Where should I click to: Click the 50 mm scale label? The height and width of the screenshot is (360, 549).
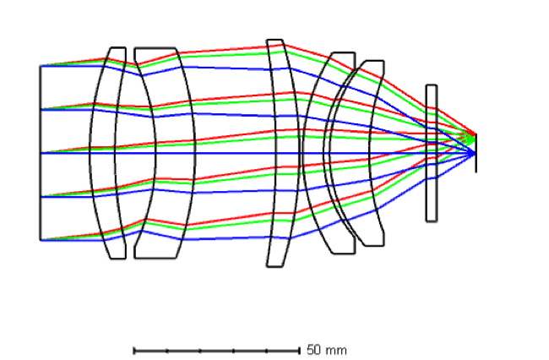click(327, 350)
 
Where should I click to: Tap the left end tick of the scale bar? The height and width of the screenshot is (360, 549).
click(134, 351)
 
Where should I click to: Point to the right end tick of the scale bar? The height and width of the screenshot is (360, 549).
click(299, 351)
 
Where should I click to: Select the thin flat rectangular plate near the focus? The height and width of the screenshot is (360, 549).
click(432, 153)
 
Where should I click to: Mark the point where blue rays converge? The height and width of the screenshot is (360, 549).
click(476, 153)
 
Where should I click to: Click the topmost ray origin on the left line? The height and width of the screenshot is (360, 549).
click(41, 65)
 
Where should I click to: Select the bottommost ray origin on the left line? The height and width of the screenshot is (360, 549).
click(41, 240)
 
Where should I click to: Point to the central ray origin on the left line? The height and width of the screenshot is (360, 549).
click(41, 153)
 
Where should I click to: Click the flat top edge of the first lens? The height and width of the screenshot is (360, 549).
click(118, 47)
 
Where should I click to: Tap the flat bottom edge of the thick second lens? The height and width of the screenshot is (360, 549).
click(155, 258)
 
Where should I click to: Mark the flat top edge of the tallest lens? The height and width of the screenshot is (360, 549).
click(274, 40)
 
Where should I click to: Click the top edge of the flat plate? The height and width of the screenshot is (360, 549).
click(432, 85)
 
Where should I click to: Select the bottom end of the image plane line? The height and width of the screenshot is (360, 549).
click(476, 172)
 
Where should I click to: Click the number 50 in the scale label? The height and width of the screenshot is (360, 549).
click(313, 350)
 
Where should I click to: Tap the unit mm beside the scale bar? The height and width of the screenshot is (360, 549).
click(336, 351)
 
